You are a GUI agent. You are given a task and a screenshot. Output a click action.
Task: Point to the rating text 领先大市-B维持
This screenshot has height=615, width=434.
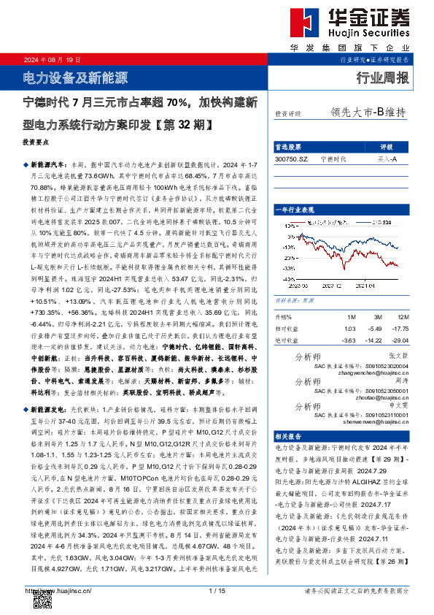pyautogui.click(x=368, y=113)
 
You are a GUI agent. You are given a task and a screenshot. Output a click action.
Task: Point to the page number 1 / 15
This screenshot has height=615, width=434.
pyautogui.click(x=216, y=590)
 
